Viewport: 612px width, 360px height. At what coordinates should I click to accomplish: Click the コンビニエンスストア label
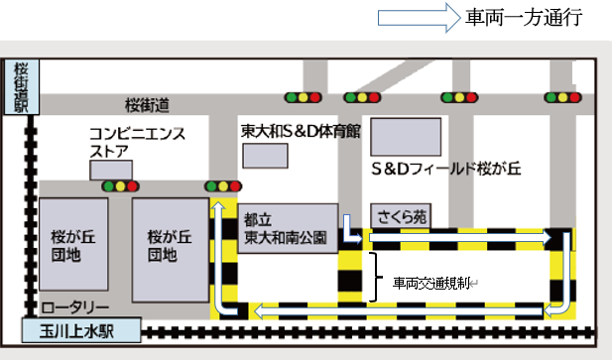(123, 142)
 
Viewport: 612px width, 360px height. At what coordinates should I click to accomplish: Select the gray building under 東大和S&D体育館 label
(266, 155)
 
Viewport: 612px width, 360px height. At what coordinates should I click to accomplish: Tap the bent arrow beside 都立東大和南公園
(349, 229)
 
